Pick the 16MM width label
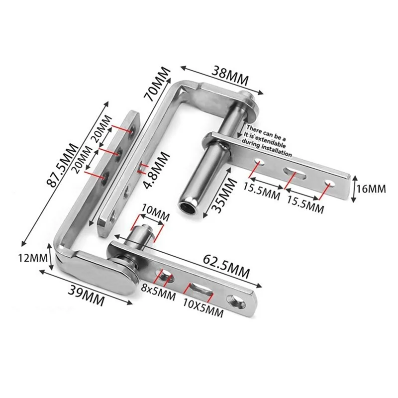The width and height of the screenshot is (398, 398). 371,189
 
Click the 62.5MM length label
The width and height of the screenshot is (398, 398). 225,265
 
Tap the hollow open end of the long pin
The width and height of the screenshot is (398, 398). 188,205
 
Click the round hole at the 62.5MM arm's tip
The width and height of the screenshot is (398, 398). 234,300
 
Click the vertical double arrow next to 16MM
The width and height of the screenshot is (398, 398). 353,189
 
